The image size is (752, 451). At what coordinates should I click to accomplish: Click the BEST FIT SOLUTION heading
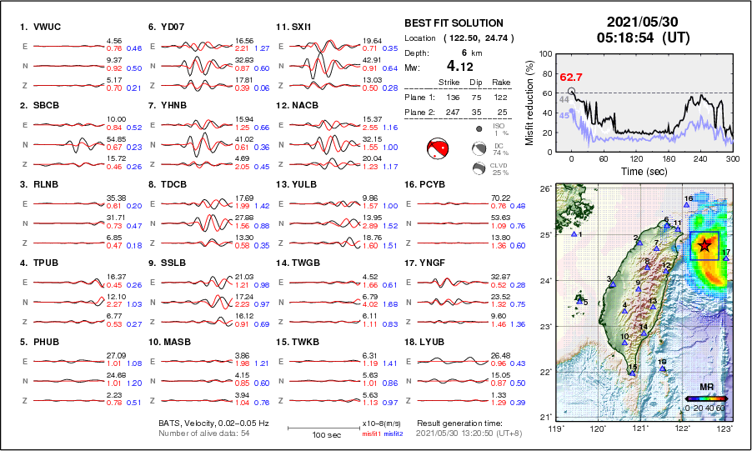click(x=454, y=23)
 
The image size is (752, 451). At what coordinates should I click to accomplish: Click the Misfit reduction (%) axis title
click(x=529, y=101)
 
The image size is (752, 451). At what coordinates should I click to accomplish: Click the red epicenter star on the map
click(x=704, y=244)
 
